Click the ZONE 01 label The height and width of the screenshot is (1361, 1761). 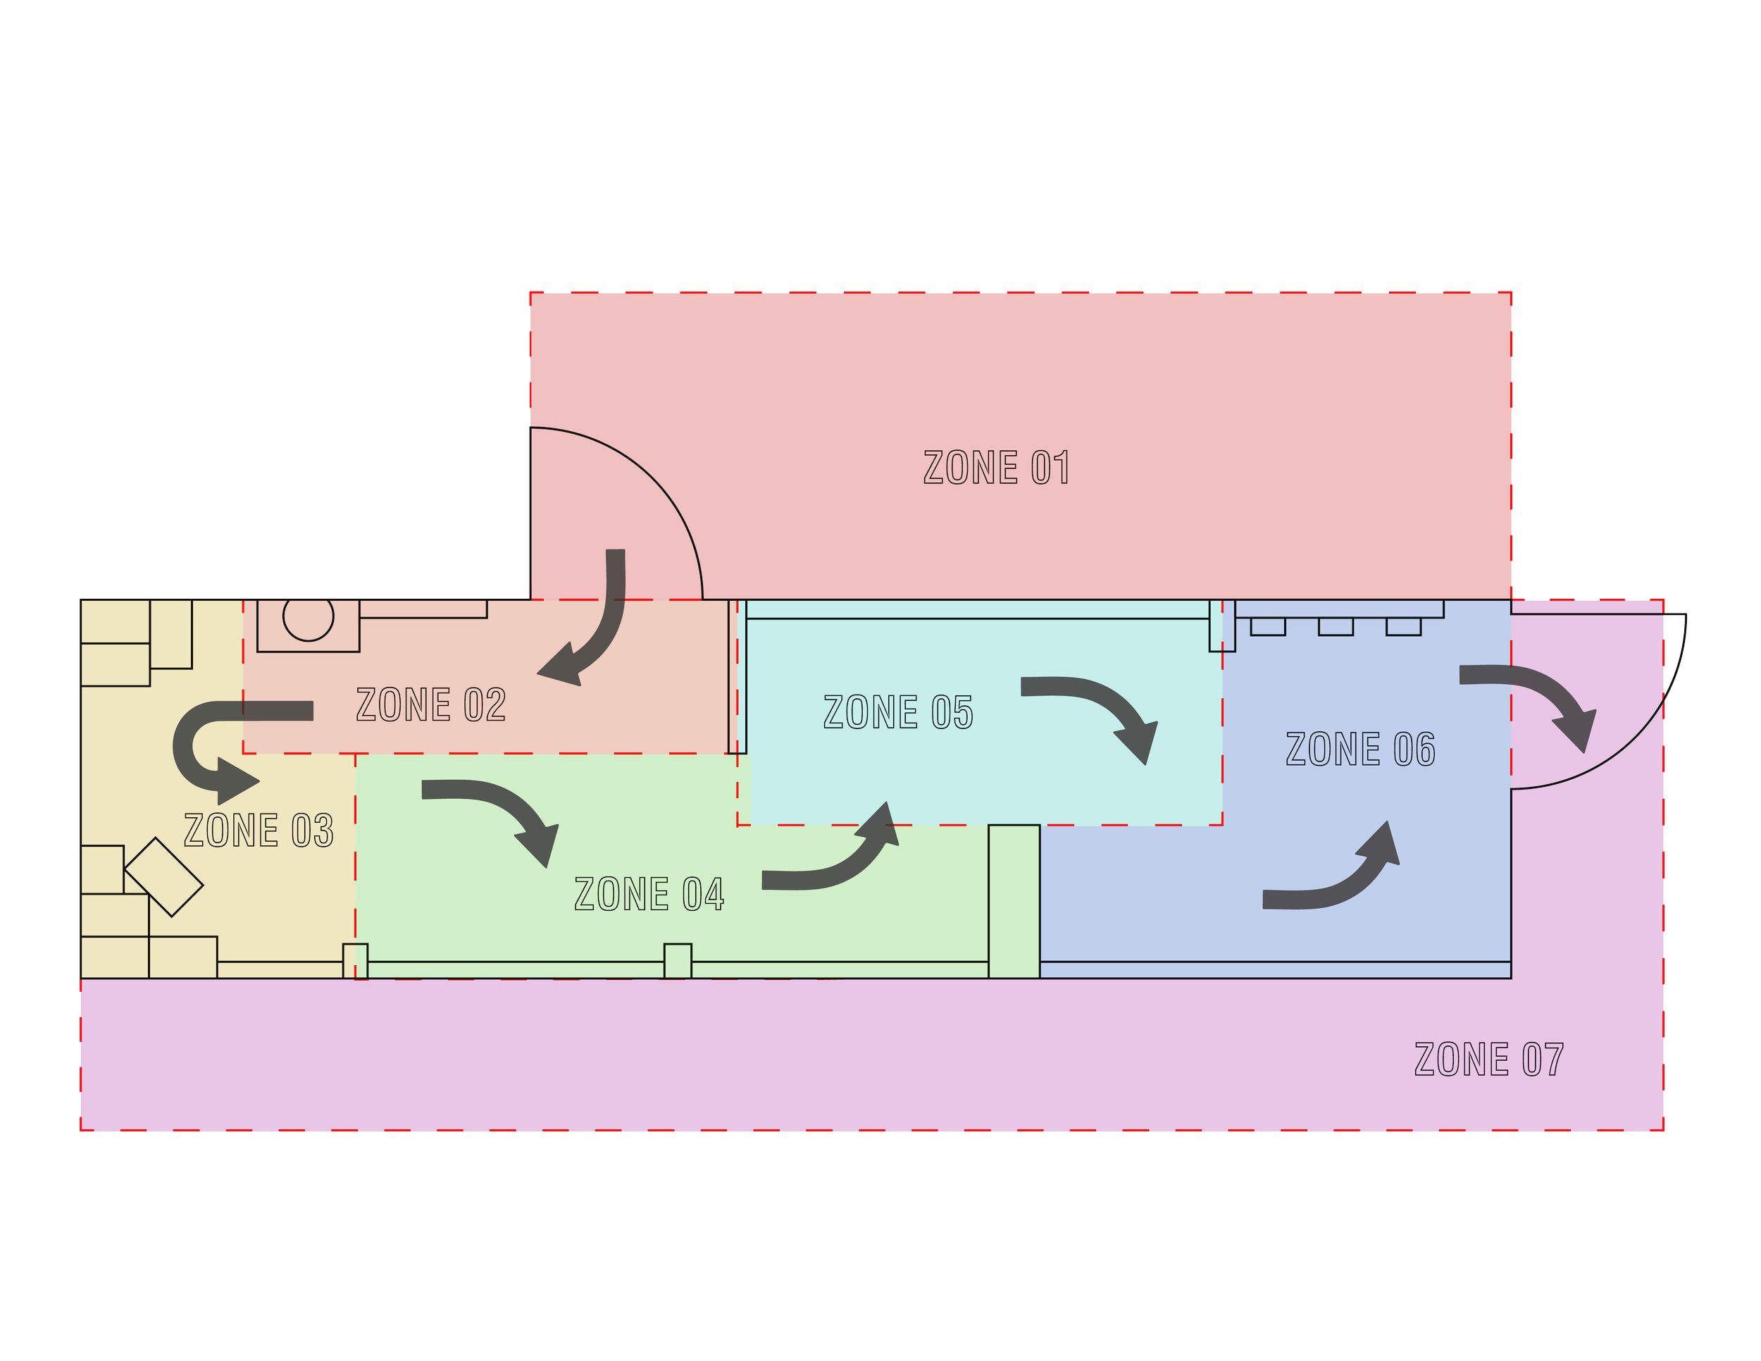(x=997, y=468)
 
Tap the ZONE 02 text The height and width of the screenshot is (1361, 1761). (x=430, y=704)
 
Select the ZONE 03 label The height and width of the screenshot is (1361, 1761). (x=258, y=831)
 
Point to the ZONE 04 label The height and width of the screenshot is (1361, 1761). (x=649, y=894)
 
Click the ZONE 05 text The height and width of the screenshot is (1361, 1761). (x=898, y=713)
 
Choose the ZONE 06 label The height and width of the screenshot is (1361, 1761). (x=1360, y=749)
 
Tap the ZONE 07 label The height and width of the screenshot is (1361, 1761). (x=1489, y=1059)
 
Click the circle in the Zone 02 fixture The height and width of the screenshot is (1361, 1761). (x=308, y=617)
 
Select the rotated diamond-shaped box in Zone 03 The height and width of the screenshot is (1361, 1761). (x=163, y=877)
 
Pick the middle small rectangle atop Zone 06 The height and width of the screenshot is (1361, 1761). (x=1336, y=626)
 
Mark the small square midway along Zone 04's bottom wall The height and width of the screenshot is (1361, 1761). (x=678, y=960)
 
